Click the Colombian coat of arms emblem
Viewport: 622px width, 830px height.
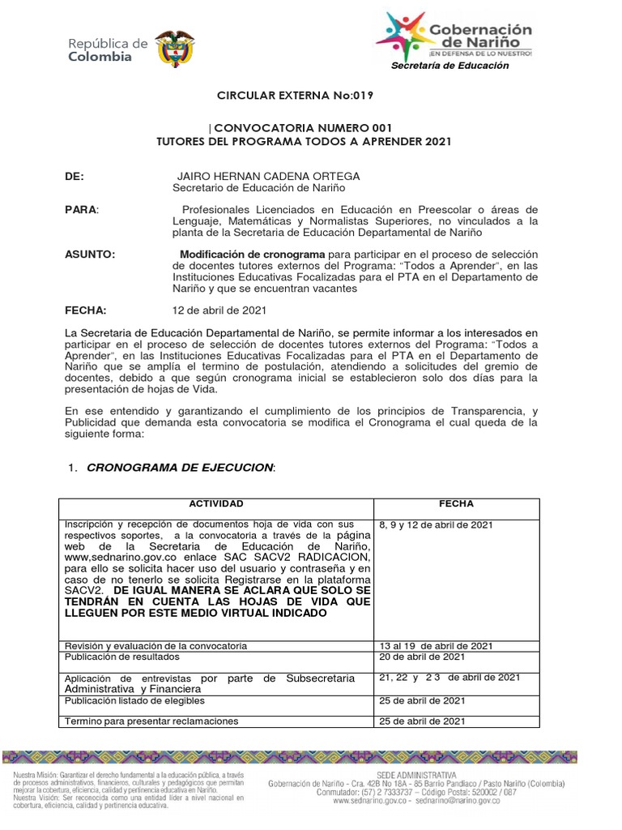pyautogui.click(x=174, y=48)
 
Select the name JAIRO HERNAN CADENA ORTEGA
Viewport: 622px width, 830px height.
pyautogui.click(x=257, y=176)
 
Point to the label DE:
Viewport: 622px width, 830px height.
pyautogui.click(x=75, y=176)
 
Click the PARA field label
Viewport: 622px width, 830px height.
pyautogui.click(x=81, y=210)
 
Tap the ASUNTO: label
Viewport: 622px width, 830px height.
pyautogui.click(x=90, y=255)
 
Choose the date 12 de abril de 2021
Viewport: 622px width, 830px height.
pyautogui.click(x=219, y=310)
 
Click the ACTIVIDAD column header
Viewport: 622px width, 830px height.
pyautogui.click(x=215, y=504)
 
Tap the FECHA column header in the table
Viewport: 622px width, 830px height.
pyautogui.click(x=456, y=504)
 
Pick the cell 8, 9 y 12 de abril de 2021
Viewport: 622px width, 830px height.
pyautogui.click(x=436, y=525)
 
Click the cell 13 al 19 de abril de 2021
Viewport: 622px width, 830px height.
pyautogui.click(x=436, y=645)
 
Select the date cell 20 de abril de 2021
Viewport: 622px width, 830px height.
pyautogui.click(x=422, y=657)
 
